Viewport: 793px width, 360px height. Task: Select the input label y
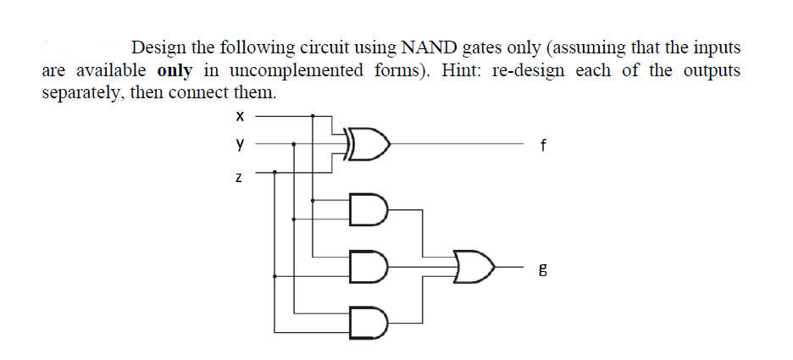[240, 145]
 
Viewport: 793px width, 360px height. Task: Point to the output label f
[542, 145]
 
